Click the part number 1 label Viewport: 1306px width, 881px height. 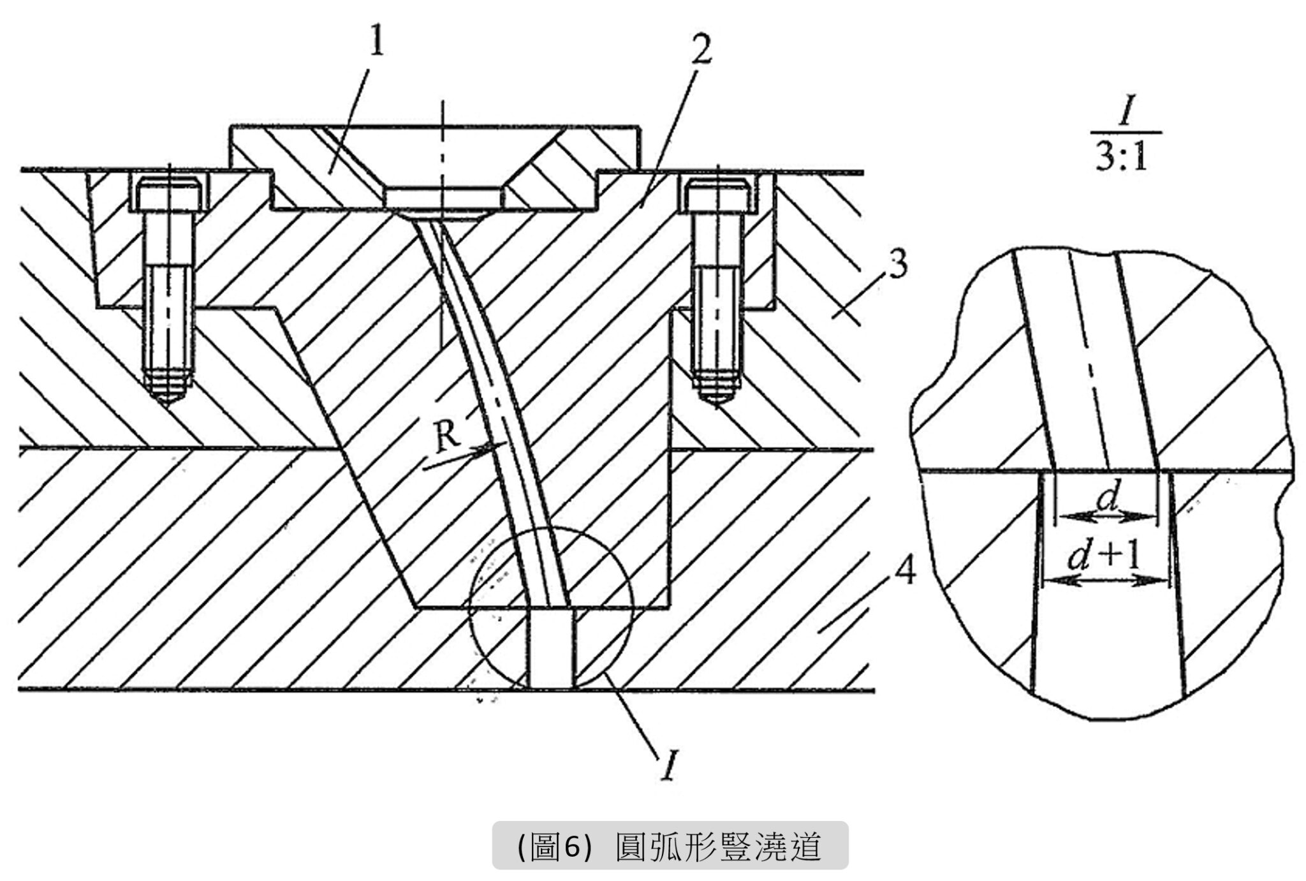coord(377,43)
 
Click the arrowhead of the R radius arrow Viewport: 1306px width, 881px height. coord(491,448)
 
